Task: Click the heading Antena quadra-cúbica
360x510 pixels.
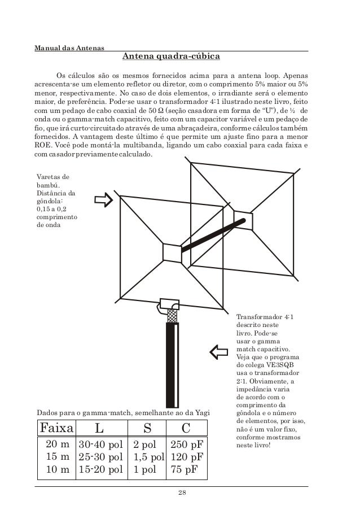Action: (172, 57)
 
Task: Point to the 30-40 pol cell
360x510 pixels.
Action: (100, 444)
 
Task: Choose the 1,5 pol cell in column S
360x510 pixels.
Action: (149, 456)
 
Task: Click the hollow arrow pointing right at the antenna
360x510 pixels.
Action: (104, 200)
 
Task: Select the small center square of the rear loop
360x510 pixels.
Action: (243, 220)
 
